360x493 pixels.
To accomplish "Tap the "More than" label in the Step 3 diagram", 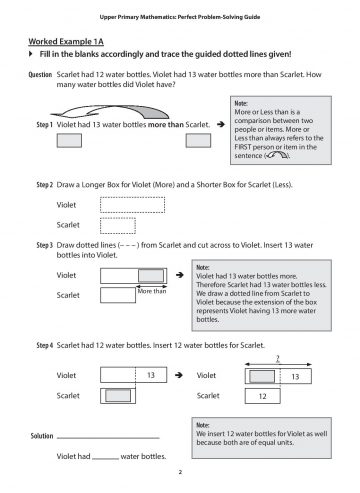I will (x=152, y=290).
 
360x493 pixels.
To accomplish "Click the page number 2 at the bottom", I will (x=179, y=472).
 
